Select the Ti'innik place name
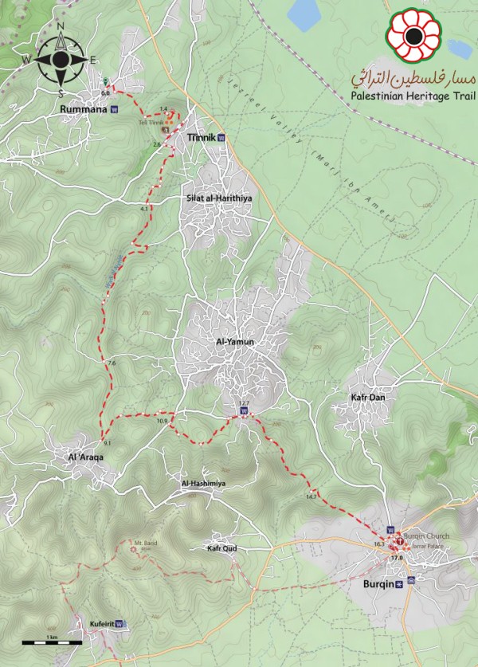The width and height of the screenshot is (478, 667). point(202,138)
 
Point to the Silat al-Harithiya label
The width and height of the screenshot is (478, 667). point(217,198)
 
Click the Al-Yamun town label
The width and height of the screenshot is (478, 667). point(234,342)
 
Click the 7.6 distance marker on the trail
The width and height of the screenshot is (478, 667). point(111,363)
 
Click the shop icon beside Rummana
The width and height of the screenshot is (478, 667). point(114,110)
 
